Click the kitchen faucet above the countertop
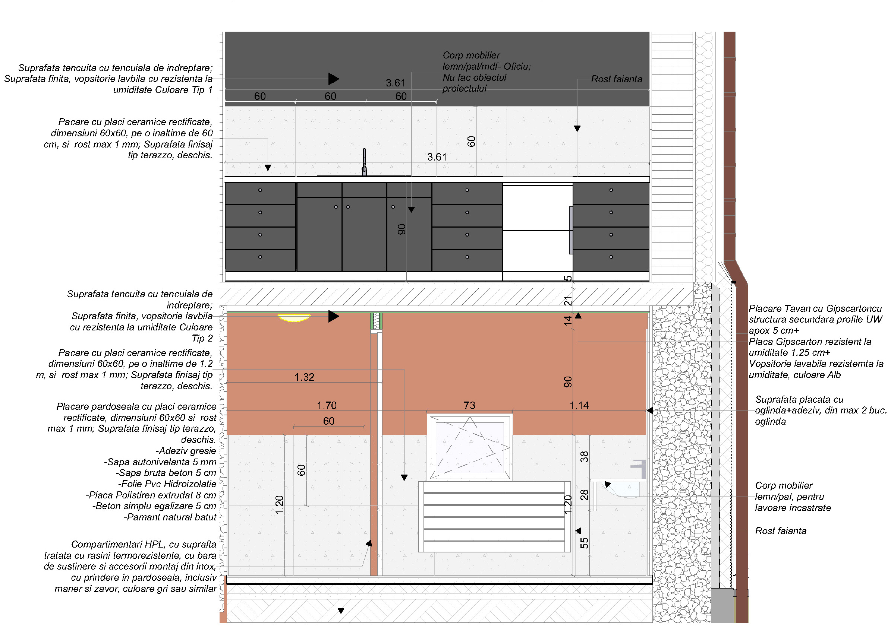point(364,162)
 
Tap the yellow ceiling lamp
point(294,318)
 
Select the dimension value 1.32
point(304,377)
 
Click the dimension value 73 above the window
point(469,406)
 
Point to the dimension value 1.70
point(327,406)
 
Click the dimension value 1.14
point(579,406)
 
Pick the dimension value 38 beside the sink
point(584,456)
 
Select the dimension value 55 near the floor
point(584,543)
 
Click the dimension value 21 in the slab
point(567,301)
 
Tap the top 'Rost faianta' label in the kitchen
point(616,79)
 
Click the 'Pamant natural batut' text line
point(170,517)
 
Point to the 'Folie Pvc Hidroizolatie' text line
point(167,484)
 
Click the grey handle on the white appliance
point(571,230)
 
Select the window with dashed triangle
point(469,447)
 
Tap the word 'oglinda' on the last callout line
point(770,422)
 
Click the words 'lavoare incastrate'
point(793,508)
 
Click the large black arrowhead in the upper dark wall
point(333,79)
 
